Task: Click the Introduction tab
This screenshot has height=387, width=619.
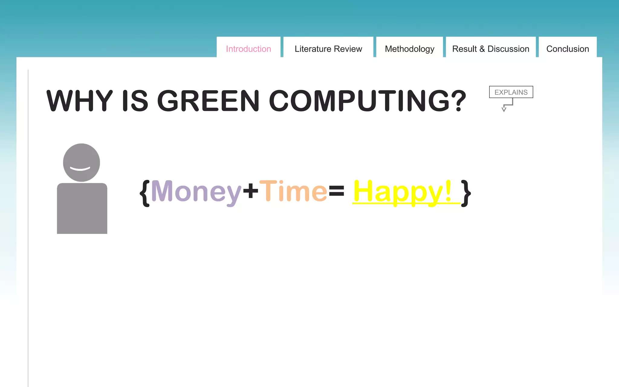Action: tap(248, 49)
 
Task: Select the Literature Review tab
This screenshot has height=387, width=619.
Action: tap(328, 49)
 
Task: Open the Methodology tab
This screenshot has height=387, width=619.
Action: tap(410, 49)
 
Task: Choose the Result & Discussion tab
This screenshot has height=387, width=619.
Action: tap(491, 49)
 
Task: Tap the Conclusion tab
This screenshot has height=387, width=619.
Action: tap(567, 49)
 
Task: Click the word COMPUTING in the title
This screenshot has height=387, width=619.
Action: tap(367, 101)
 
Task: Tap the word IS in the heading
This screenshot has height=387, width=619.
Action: tap(135, 101)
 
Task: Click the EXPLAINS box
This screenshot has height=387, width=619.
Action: tap(511, 92)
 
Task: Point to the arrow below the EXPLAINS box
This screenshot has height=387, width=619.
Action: tap(506, 106)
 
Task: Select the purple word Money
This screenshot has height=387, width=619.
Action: tap(196, 192)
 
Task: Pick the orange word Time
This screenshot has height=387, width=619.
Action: tap(293, 191)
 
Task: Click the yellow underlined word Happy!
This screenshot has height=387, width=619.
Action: tap(403, 192)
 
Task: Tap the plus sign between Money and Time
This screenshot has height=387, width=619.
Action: tap(251, 190)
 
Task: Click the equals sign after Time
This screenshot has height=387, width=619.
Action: tap(336, 190)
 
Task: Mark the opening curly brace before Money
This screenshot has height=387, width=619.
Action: tap(145, 193)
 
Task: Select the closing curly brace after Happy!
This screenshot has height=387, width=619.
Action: tap(466, 193)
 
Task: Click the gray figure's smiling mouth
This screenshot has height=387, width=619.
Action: tap(80, 169)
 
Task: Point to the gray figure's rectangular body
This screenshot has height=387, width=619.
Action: tap(82, 208)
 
